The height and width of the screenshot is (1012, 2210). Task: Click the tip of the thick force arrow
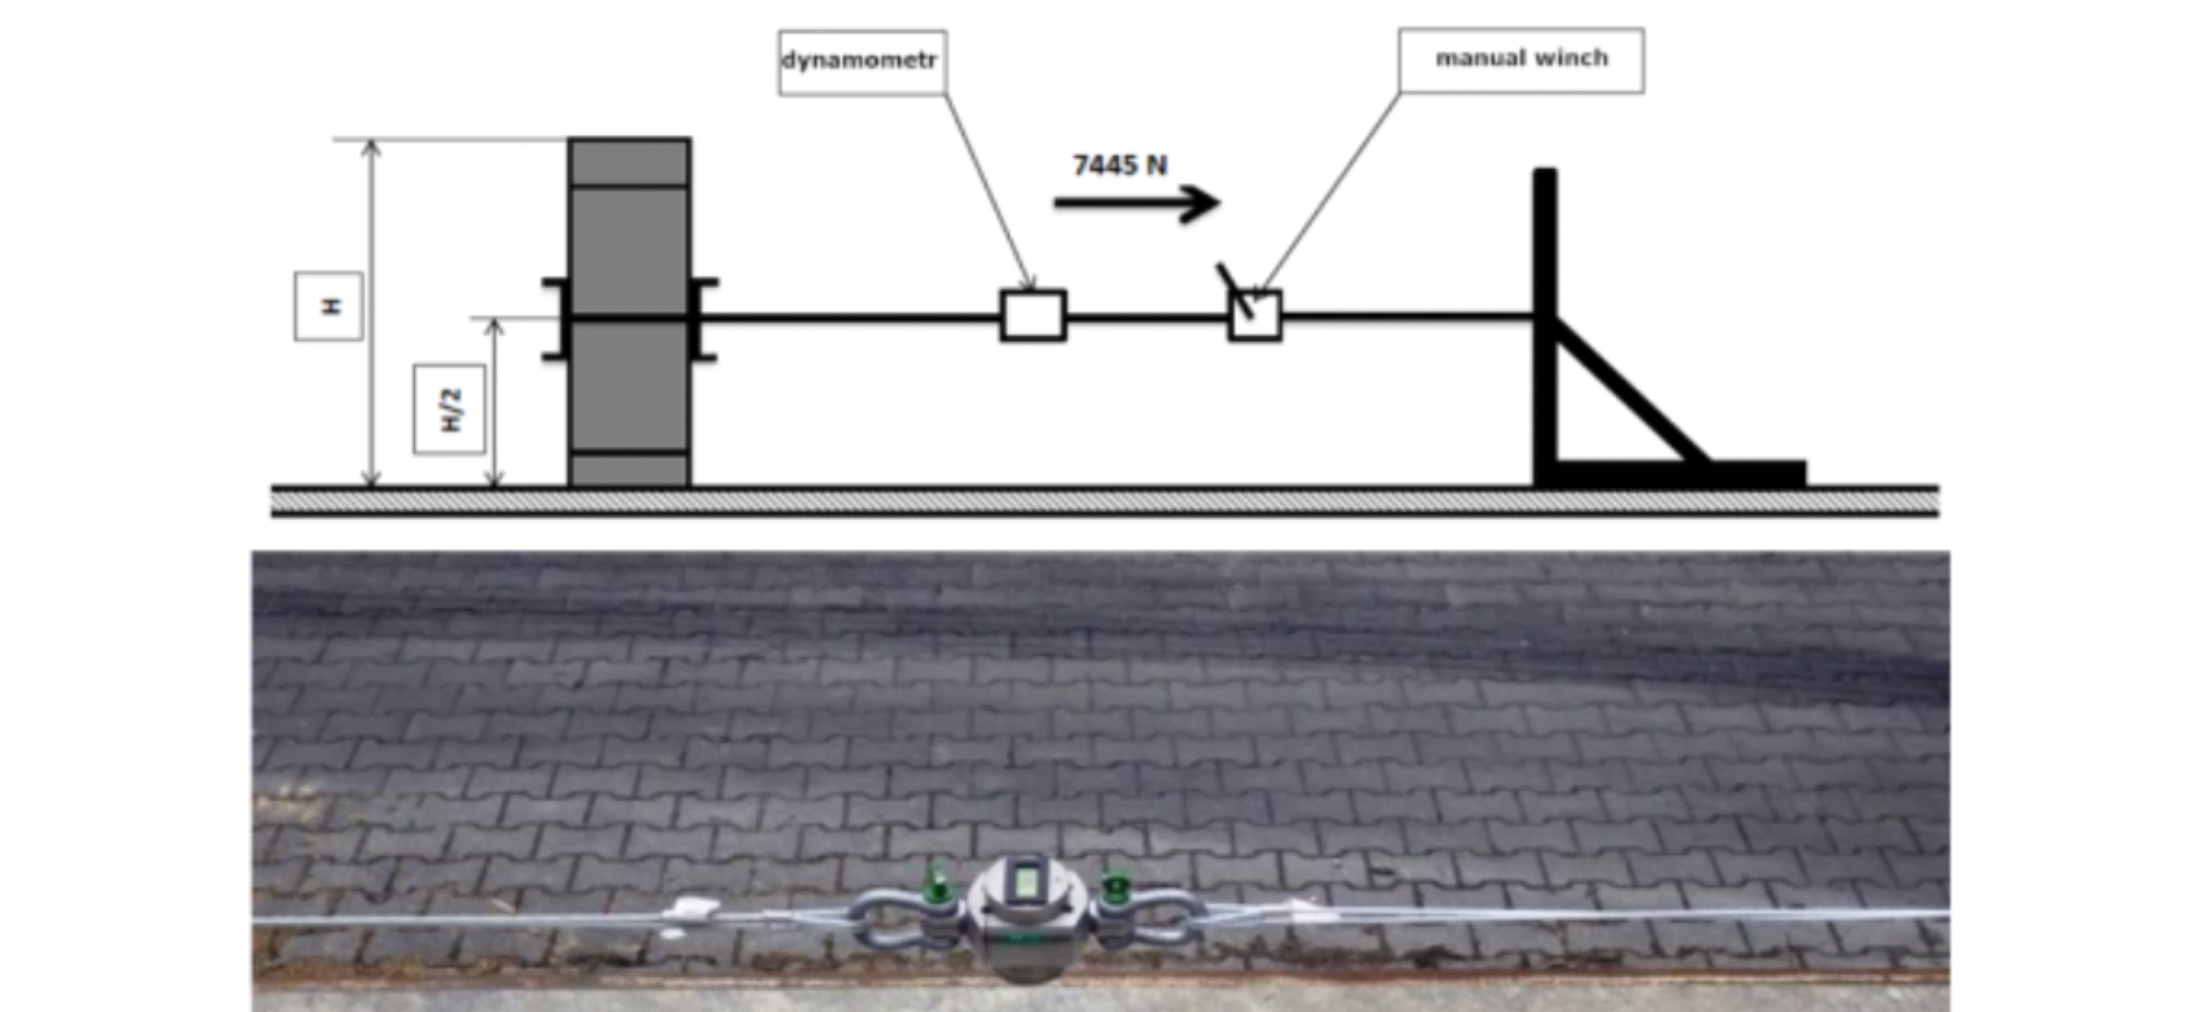point(1220,203)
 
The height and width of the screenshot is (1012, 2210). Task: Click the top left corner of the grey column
point(569,138)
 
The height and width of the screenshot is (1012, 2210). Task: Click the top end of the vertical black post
point(1545,170)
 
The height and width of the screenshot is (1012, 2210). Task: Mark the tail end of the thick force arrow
point(1055,203)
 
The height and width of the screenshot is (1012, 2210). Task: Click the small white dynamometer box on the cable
point(1033,316)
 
